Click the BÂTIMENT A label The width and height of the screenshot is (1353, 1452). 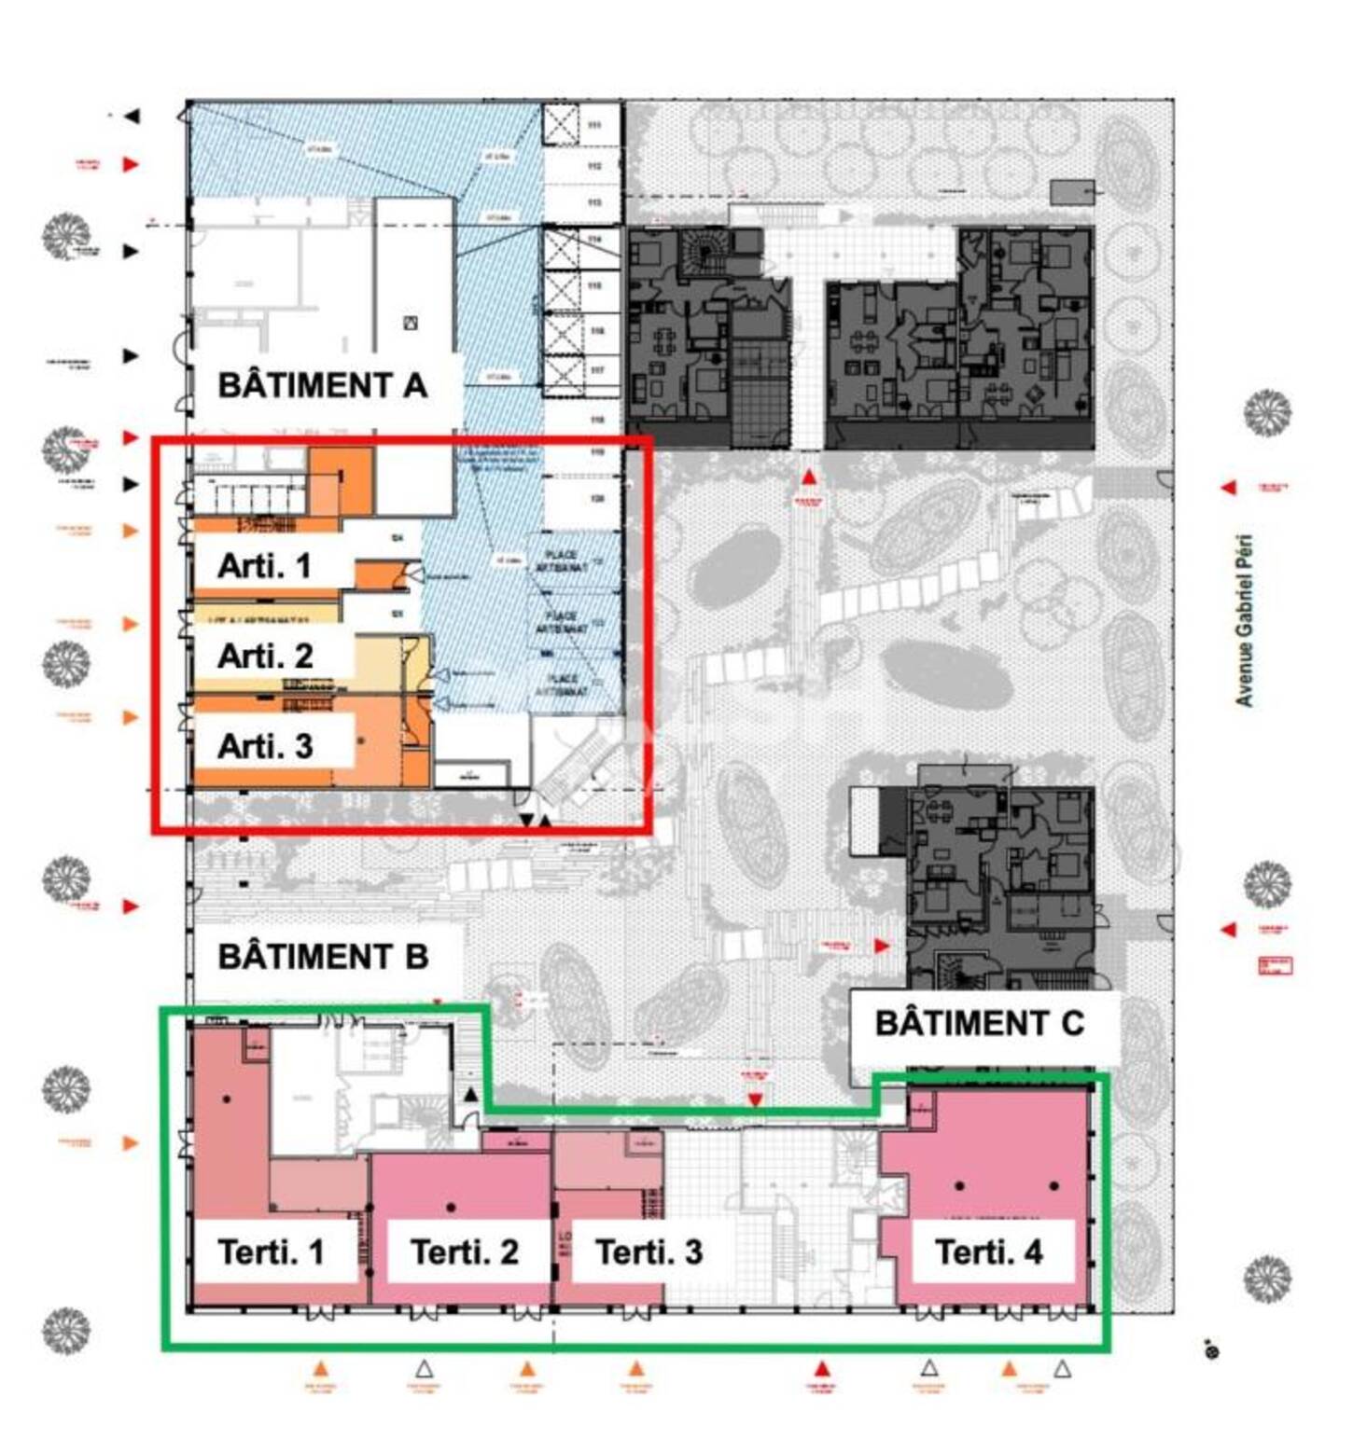(x=322, y=385)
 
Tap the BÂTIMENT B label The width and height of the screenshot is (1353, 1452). (x=323, y=957)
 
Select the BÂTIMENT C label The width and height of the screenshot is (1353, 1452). (x=979, y=1023)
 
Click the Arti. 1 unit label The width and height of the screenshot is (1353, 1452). (x=264, y=566)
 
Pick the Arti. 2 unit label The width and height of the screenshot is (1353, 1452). (x=265, y=656)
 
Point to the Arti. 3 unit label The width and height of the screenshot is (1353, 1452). (x=265, y=746)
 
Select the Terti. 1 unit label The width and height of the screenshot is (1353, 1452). (x=271, y=1251)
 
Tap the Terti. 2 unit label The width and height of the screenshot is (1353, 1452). (x=464, y=1251)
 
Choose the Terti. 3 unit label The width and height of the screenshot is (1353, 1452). (x=649, y=1251)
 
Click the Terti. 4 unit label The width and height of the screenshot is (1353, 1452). (x=988, y=1251)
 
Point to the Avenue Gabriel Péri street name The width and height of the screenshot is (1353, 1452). (x=1244, y=620)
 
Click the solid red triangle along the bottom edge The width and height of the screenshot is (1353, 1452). (x=821, y=1369)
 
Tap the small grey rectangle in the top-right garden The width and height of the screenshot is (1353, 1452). (x=1072, y=192)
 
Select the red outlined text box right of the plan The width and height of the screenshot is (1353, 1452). (x=1275, y=965)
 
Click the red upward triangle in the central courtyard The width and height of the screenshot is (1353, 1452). (x=809, y=477)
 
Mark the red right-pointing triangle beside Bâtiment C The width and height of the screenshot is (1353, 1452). (x=881, y=946)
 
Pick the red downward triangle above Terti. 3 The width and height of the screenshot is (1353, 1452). (x=755, y=1100)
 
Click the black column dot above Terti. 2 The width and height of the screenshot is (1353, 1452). (x=451, y=1208)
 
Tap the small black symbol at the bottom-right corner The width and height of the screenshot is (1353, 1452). (x=1212, y=1349)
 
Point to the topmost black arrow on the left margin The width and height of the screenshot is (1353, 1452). (x=132, y=117)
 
